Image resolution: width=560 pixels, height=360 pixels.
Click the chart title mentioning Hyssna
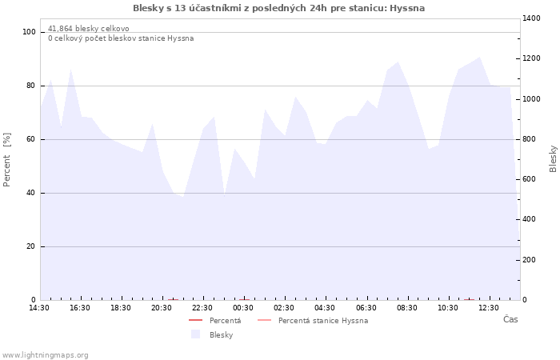[x=278, y=8]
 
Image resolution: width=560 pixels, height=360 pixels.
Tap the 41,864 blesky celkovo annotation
[x=89, y=29]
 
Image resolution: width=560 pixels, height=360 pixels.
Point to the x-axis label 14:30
[x=39, y=308]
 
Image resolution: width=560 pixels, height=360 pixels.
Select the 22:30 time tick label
[x=202, y=308]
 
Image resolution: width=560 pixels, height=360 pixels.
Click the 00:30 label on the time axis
[x=243, y=308]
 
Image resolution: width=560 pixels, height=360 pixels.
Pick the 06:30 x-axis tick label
[x=366, y=308]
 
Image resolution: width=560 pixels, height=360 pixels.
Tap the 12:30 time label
[x=489, y=308]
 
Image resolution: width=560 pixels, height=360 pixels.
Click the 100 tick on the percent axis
[x=29, y=32]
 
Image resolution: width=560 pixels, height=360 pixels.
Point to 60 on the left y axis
[x=31, y=139]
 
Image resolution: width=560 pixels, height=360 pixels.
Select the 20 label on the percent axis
[x=31, y=246]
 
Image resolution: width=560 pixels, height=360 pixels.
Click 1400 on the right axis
[x=531, y=18]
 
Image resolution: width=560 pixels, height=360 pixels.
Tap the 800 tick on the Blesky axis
[x=530, y=139]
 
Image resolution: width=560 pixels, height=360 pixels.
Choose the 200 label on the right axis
[x=530, y=260]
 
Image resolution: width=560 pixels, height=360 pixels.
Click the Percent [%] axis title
[x=6, y=160]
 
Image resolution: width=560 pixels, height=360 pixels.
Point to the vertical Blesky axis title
[x=553, y=159]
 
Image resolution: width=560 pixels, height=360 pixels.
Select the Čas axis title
[x=510, y=319]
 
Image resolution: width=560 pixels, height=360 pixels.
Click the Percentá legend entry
[x=215, y=321]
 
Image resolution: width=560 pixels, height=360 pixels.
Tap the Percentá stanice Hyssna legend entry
[x=313, y=321]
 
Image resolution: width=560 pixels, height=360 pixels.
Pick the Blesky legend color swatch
[x=196, y=334]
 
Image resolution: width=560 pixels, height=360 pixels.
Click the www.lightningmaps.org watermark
[x=45, y=355]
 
